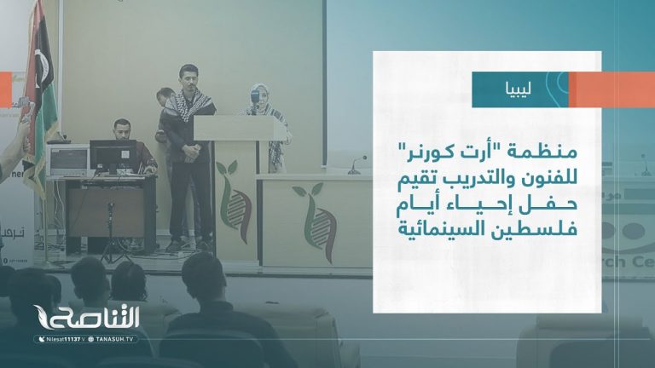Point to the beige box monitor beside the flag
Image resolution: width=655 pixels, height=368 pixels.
(x=67, y=159)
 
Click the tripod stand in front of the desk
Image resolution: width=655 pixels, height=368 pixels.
(x=111, y=234)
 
